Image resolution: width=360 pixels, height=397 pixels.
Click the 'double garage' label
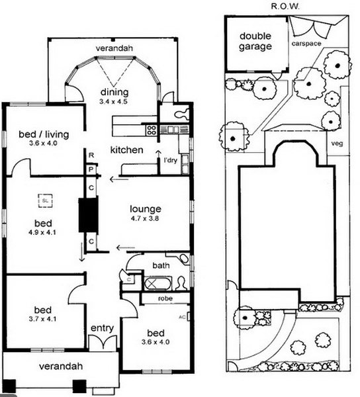tap(255, 41)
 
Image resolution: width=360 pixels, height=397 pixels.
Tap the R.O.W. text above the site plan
tap(285, 7)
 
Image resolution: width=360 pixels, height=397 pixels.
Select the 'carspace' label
tap(306, 44)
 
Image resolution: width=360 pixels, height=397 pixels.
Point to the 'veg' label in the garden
tap(337, 144)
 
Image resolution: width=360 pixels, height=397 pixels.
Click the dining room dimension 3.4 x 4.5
tap(113, 102)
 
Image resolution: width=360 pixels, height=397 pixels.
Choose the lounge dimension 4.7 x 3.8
tap(145, 218)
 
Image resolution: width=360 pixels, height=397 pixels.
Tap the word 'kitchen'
tap(127, 150)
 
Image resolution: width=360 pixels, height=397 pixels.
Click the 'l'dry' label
tap(171, 160)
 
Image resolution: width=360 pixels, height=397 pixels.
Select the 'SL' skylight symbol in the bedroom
tap(46, 201)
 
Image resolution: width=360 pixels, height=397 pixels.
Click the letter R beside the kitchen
tap(91, 155)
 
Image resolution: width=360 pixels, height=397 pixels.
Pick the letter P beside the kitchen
tap(91, 169)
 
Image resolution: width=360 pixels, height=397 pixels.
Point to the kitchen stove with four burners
tap(151, 130)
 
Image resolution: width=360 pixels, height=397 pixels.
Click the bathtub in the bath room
tap(158, 284)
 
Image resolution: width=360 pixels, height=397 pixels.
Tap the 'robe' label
tap(165, 298)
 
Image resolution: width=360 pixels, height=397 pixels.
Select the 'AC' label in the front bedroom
tap(182, 317)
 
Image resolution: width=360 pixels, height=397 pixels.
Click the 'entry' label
tap(102, 328)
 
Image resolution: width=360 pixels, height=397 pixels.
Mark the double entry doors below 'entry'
tap(103, 343)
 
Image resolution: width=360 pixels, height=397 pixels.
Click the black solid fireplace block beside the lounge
tap(88, 215)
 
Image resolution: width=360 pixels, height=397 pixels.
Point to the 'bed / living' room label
tap(44, 134)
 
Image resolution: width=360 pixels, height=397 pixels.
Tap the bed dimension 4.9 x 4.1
tap(42, 232)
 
